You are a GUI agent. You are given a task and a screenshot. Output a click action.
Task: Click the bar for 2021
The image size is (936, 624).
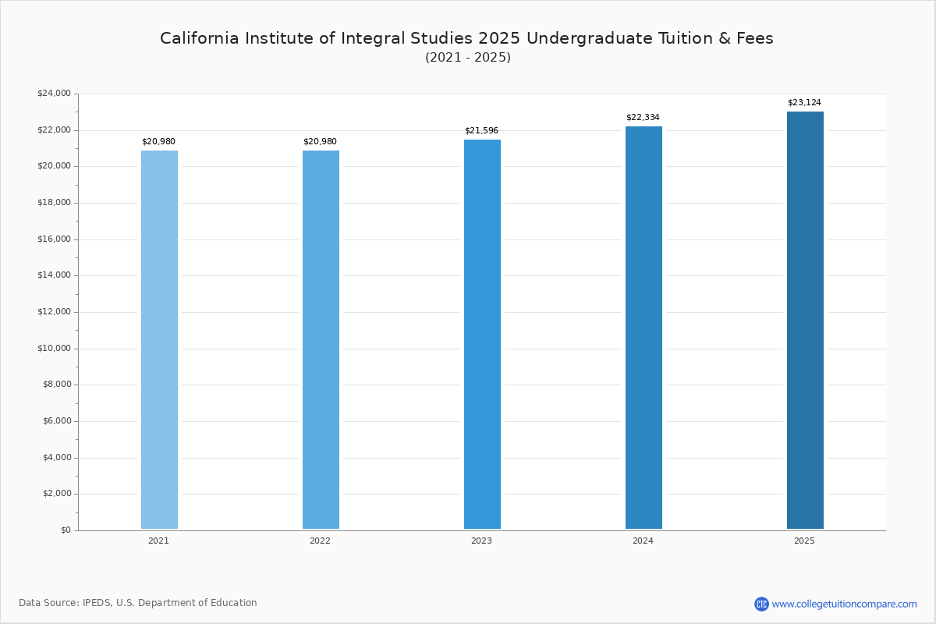click(x=159, y=339)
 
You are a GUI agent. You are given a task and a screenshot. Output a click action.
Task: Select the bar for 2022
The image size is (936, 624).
click(x=321, y=339)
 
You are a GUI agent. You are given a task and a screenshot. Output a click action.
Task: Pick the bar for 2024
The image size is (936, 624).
click(x=643, y=328)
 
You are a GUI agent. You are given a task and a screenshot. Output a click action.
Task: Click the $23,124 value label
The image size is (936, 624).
click(x=804, y=103)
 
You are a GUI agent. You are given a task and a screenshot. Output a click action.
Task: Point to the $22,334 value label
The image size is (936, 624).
click(x=643, y=118)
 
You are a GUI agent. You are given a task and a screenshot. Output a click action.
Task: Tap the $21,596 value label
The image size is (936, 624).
click(x=481, y=131)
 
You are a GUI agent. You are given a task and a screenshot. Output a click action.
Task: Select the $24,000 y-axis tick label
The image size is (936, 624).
click(x=54, y=94)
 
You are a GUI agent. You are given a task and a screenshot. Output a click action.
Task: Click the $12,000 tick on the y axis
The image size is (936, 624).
click(x=54, y=312)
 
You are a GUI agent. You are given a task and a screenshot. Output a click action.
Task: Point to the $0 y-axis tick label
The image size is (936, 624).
click(x=65, y=530)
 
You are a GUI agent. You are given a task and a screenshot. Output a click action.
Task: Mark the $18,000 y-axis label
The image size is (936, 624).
click(x=54, y=203)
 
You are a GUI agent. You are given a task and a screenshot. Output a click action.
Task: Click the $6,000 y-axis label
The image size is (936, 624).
click(x=56, y=421)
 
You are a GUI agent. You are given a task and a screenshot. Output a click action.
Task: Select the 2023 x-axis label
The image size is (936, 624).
click(x=481, y=541)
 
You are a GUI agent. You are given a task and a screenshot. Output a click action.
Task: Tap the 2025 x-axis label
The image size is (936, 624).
click(x=804, y=541)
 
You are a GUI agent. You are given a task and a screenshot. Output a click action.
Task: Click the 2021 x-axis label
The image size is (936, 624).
click(x=158, y=541)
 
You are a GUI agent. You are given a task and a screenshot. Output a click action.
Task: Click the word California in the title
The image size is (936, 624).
click(x=197, y=39)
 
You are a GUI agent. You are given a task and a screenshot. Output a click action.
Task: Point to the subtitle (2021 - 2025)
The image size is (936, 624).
click(x=468, y=58)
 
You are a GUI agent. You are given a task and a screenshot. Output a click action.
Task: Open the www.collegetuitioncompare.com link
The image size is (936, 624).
click(x=844, y=604)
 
